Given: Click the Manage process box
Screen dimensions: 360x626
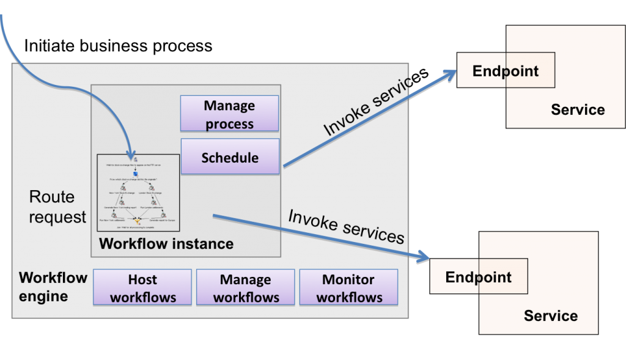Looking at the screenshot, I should pyautogui.click(x=229, y=114).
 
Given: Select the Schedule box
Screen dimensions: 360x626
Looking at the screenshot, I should pyautogui.click(x=230, y=158).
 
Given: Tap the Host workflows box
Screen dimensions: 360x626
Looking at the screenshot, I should pyautogui.click(x=142, y=288).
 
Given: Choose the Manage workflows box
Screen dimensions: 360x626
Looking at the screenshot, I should pyautogui.click(x=245, y=288).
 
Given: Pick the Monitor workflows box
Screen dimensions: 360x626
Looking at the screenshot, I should pyautogui.click(x=348, y=288).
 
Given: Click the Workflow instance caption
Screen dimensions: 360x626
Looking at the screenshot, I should pyautogui.click(x=166, y=244).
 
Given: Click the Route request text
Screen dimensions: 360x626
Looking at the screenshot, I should pyautogui.click(x=57, y=207).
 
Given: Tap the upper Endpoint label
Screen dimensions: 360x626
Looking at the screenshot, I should pyautogui.click(x=506, y=71).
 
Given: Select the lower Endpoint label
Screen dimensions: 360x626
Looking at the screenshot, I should pyautogui.click(x=478, y=277).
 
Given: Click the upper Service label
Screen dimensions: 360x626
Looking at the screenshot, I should pyautogui.click(x=578, y=110).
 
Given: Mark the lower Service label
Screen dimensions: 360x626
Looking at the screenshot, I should pyautogui.click(x=550, y=316).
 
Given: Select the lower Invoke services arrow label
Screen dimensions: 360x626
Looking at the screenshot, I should pyautogui.click(x=346, y=226).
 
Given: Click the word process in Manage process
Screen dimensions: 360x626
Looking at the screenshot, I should pyautogui.click(x=229, y=123).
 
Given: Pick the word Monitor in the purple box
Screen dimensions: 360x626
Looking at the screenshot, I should pyautogui.click(x=348, y=280).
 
